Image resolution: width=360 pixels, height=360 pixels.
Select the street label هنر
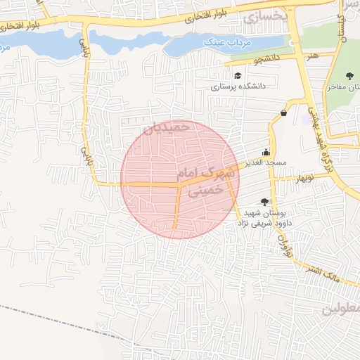coord(312,53)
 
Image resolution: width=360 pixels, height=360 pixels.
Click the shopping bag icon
coord(283,112)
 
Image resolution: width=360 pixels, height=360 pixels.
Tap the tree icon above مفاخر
coord(350,76)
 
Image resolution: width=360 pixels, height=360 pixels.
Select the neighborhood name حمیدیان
coord(167,127)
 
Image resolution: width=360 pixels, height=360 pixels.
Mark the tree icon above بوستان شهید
coord(264,201)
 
